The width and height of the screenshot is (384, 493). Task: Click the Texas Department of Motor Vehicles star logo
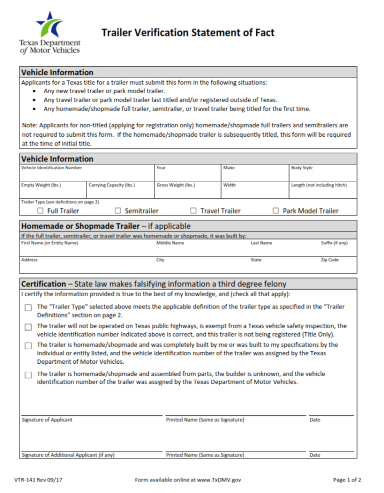click(49, 25)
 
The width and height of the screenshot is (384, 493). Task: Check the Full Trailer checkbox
click(40, 210)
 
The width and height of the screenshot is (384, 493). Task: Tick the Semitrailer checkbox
click(118, 210)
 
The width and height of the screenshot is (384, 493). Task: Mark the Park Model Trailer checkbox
click(275, 210)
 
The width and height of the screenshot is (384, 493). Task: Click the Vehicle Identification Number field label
click(51, 168)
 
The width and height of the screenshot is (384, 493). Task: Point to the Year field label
click(161, 168)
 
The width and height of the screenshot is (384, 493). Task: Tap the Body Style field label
click(301, 168)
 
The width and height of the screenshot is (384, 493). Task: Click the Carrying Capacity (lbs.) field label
click(111, 185)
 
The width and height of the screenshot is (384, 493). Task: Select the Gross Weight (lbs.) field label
click(175, 185)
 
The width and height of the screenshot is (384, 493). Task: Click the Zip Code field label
click(329, 260)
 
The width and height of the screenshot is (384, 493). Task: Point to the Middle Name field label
click(170, 243)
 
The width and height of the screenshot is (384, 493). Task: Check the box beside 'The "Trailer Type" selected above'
click(28, 307)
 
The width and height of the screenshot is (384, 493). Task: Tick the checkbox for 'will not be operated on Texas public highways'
click(28, 327)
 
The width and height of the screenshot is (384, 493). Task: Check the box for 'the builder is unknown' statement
click(28, 374)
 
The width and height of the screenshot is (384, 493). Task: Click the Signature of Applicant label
click(46, 420)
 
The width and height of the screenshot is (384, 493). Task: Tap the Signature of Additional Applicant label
click(68, 455)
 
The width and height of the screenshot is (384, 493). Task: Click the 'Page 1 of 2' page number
click(347, 480)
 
